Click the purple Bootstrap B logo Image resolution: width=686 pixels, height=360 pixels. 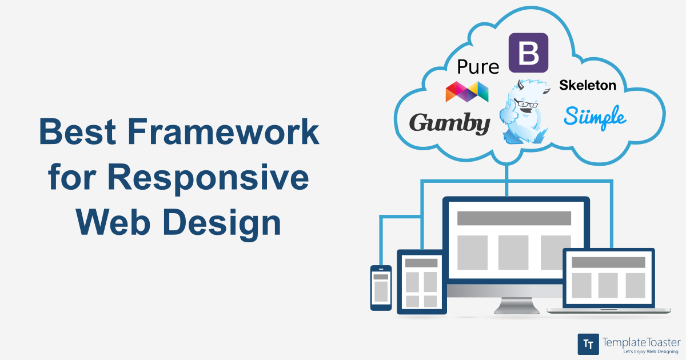528,53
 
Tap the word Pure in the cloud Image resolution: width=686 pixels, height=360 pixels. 478,67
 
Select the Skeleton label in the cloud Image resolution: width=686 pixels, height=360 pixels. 588,85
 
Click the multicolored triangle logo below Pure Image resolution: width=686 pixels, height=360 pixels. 467,91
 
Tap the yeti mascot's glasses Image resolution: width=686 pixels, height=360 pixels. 527,104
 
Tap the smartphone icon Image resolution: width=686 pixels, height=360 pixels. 381,287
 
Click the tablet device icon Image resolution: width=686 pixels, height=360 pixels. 422,281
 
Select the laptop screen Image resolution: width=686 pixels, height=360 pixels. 608,278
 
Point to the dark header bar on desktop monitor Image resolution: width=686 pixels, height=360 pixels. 514,218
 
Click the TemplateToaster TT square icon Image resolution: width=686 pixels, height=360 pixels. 588,344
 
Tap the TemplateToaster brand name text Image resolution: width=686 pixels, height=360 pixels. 641,342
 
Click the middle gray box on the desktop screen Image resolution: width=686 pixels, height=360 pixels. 513,252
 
